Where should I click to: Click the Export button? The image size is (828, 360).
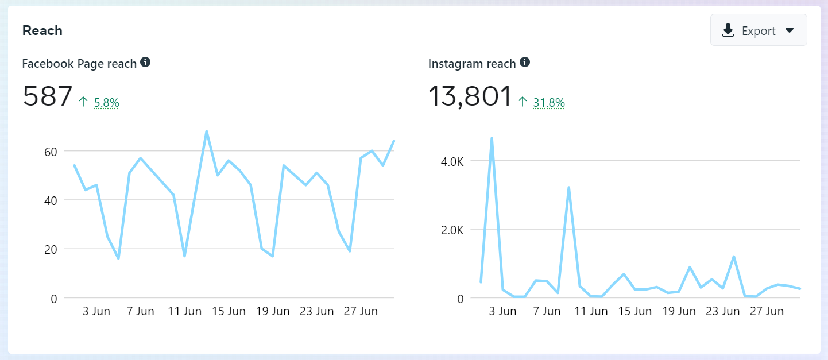(x=758, y=30)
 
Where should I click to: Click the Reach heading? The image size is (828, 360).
(x=42, y=30)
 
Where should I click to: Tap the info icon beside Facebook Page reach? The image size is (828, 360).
(x=145, y=62)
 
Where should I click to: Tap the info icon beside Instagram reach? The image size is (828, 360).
(x=524, y=62)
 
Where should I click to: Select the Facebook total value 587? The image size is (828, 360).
(x=48, y=96)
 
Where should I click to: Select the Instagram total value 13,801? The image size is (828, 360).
(x=470, y=96)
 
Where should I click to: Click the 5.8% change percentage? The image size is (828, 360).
(x=106, y=103)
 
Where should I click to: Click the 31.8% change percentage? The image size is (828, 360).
(x=549, y=103)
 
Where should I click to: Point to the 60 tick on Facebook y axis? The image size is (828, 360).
(x=50, y=152)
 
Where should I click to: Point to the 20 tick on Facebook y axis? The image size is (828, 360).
(x=50, y=249)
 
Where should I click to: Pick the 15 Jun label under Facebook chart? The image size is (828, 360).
(x=228, y=311)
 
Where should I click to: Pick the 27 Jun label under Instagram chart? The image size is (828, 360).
(x=766, y=311)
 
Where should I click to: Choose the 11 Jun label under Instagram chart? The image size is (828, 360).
(x=591, y=311)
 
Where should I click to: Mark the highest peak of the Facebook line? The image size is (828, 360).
(x=206, y=131)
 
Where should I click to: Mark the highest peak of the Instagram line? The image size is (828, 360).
(x=492, y=138)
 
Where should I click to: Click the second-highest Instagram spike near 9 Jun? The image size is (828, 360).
(x=568, y=188)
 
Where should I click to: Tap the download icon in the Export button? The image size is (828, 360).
(x=728, y=30)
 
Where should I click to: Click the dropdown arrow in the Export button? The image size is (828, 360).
(x=790, y=30)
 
